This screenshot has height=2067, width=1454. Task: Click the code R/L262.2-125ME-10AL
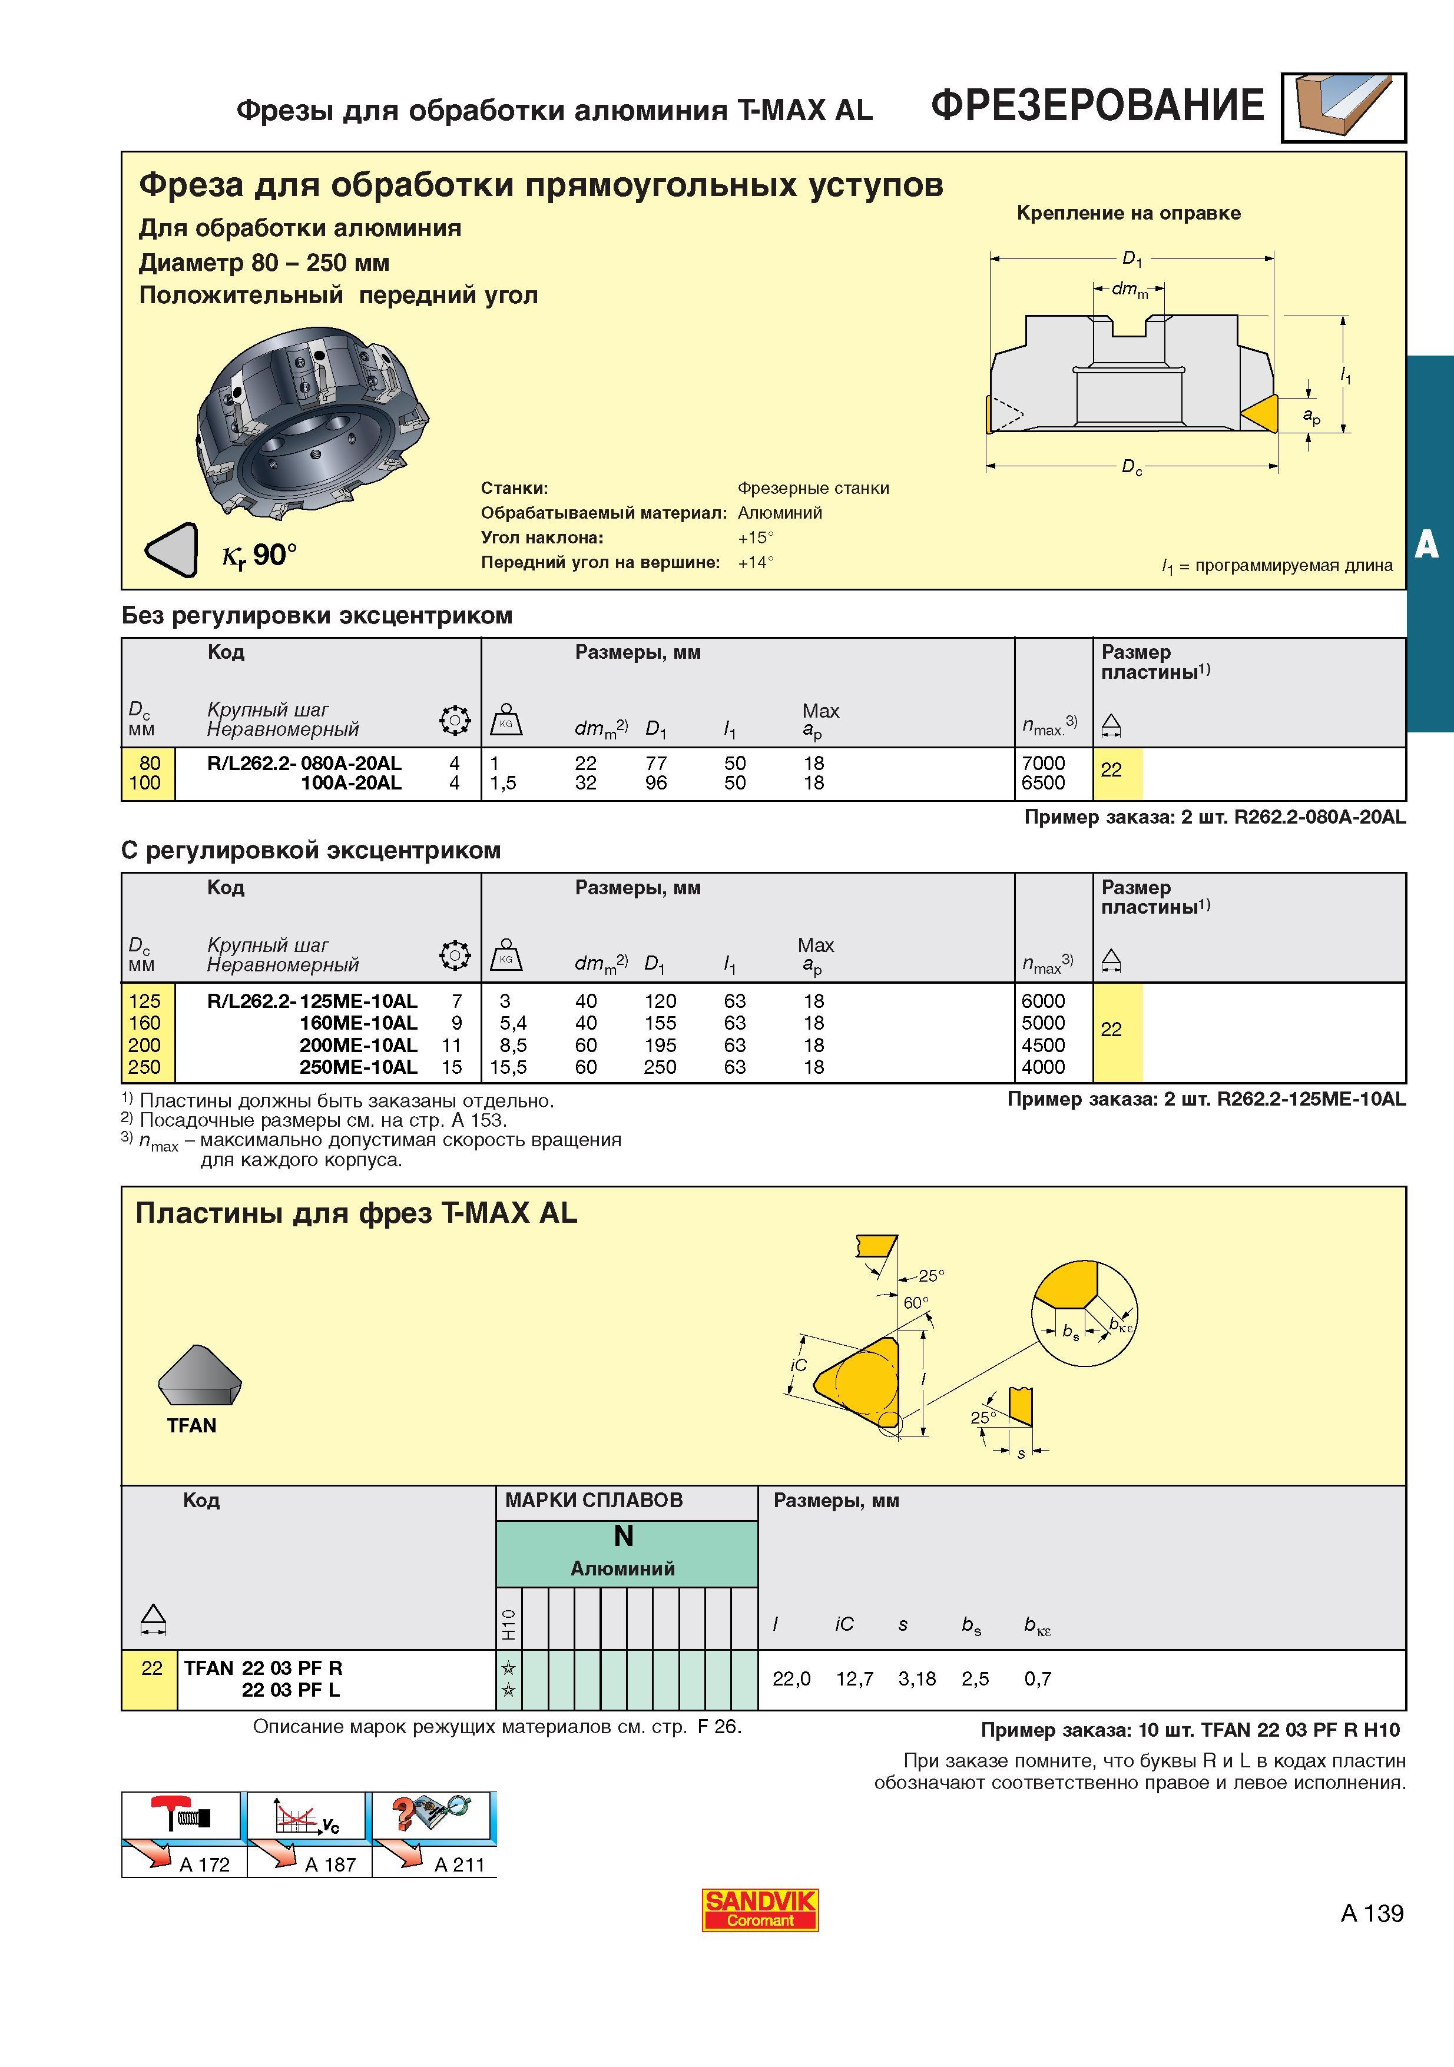point(312,1000)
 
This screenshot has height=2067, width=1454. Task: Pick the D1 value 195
point(660,1045)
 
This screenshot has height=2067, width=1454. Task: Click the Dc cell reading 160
point(144,1023)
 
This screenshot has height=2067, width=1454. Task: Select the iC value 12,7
point(854,1679)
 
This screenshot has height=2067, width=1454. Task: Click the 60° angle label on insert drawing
point(916,1303)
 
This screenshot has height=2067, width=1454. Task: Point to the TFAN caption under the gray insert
point(192,1425)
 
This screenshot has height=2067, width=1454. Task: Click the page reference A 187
point(330,1864)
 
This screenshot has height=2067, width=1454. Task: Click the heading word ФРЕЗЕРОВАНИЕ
point(1098,105)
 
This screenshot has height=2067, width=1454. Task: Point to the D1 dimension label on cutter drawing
point(1132,259)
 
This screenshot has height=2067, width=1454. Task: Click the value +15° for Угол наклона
point(756,538)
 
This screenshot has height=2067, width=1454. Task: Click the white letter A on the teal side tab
point(1426,544)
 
